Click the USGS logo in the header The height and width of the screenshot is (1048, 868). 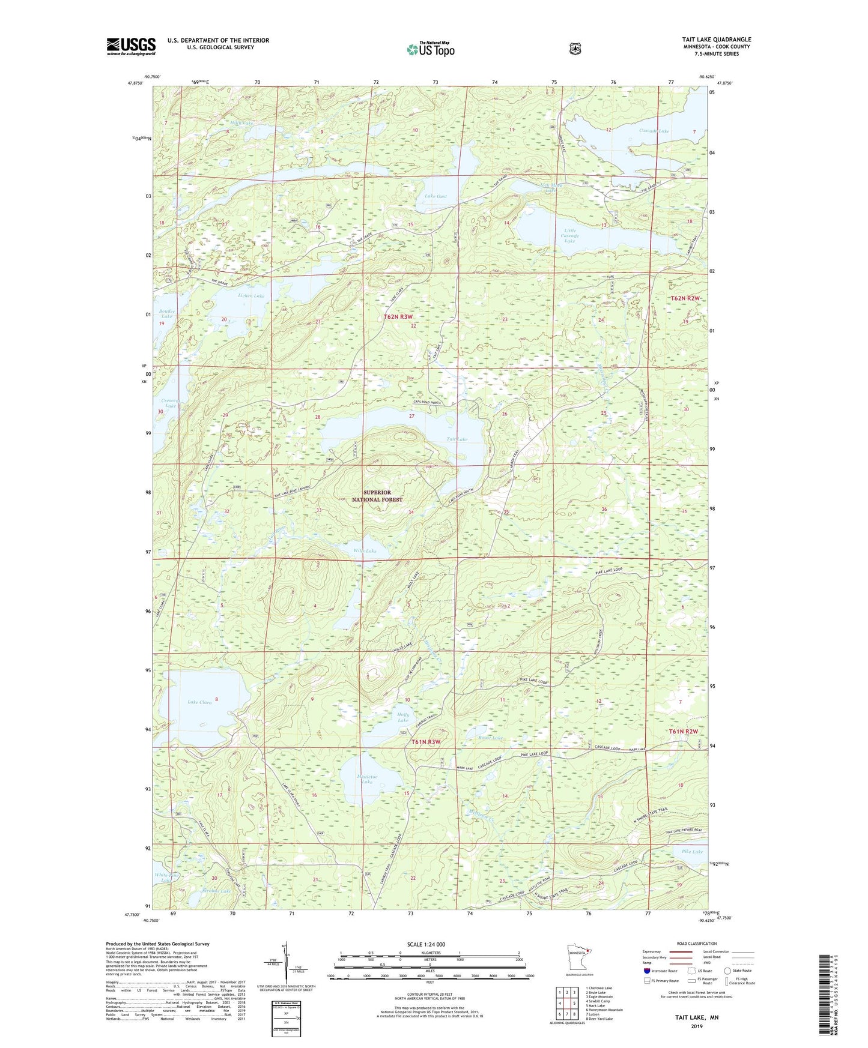(131, 46)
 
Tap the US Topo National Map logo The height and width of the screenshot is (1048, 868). (429, 49)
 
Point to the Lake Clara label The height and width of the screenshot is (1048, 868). (199, 702)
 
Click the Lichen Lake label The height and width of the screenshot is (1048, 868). (251, 296)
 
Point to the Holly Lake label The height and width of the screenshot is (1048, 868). (403, 717)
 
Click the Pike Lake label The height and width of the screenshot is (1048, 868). (692, 852)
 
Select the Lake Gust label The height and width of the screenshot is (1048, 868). (436, 196)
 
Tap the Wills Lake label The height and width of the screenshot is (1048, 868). (365, 551)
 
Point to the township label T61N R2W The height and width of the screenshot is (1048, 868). (684, 732)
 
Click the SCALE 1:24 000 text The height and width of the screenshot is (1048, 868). (426, 944)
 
